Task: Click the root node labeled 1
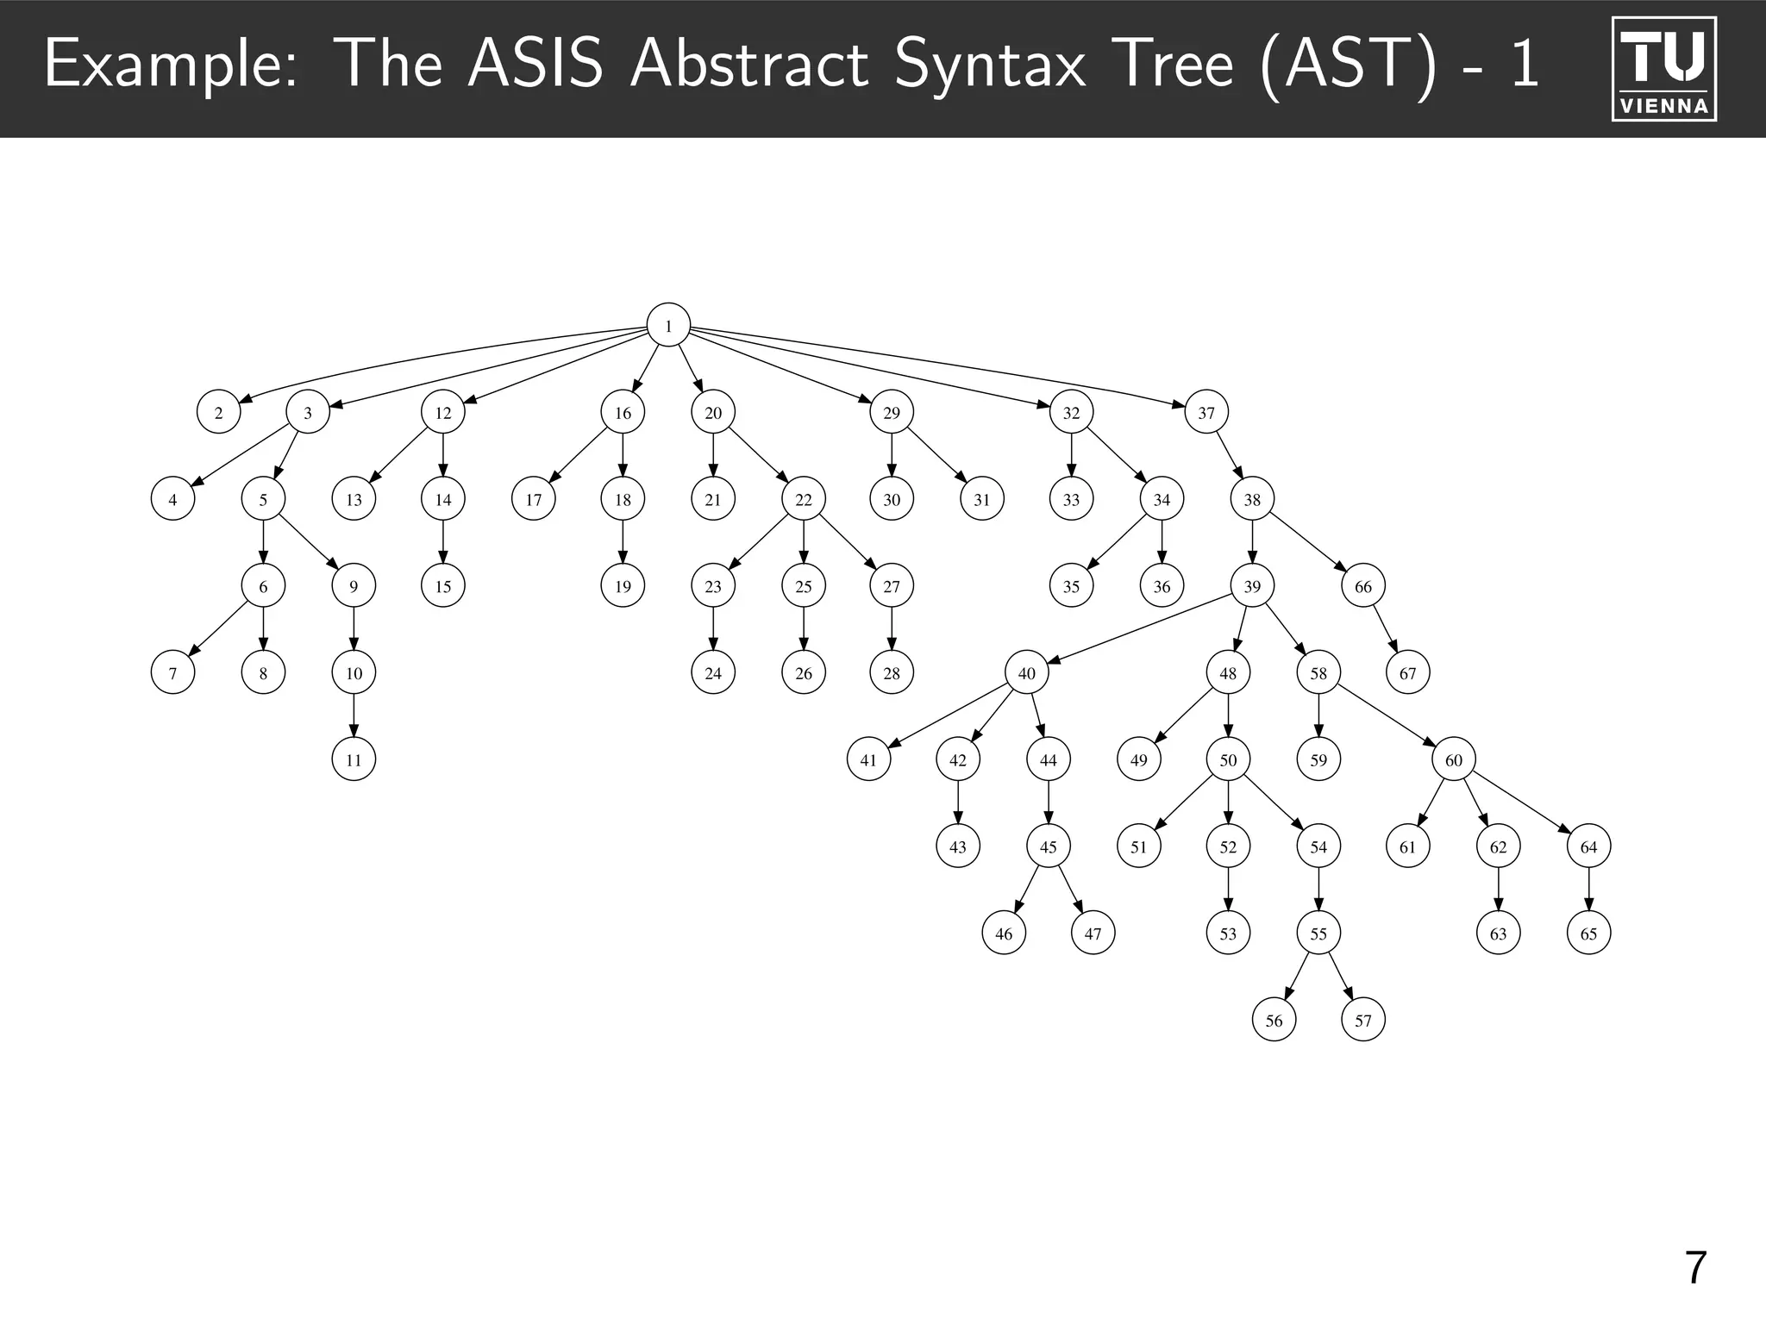668,326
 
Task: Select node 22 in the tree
803,499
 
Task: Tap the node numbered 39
1252,586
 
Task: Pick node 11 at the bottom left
354,759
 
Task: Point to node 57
1362,1021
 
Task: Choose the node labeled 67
1407,672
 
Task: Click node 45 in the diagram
1048,846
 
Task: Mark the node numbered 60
1454,759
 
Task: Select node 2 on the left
218,412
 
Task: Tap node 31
981,499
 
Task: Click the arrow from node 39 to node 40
1138,629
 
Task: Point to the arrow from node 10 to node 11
354,715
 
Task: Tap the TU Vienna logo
1663,69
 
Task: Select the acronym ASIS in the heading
535,66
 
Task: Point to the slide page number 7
1694,1268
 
